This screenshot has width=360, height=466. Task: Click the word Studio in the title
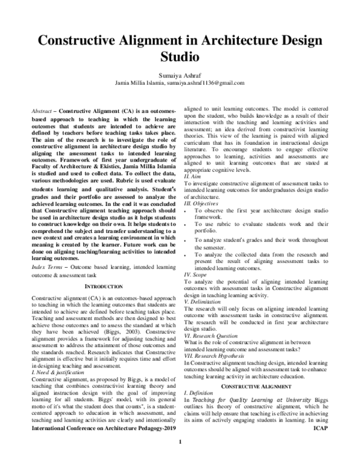[179, 58]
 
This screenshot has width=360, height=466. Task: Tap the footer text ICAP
[322, 446]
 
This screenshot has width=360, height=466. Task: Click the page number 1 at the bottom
[179, 459]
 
